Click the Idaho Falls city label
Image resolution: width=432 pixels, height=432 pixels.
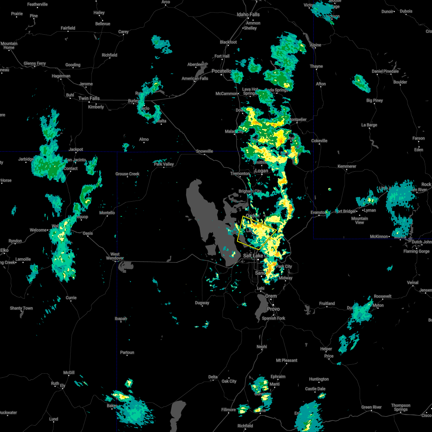pyautogui.click(x=248, y=15)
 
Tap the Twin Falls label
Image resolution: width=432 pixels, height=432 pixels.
pyautogui.click(x=89, y=98)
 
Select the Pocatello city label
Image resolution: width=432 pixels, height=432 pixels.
pyautogui.click(x=221, y=71)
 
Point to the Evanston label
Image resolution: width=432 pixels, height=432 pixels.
pyautogui.click(x=318, y=213)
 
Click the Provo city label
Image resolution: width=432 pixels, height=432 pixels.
pyautogui.click(x=273, y=309)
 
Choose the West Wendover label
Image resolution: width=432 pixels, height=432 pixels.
pyautogui.click(x=115, y=256)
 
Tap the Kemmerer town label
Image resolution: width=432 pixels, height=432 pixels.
pyautogui.click(x=347, y=166)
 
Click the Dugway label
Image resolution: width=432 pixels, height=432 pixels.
pyautogui.click(x=202, y=303)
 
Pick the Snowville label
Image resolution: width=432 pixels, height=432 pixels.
pyautogui.click(x=204, y=151)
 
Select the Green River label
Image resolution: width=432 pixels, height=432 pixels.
pyautogui.click(x=372, y=407)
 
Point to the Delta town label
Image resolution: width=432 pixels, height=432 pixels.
pyautogui.click(x=213, y=377)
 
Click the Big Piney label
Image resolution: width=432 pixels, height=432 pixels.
pyautogui.click(x=374, y=100)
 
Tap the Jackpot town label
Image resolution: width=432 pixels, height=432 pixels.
pyautogui.click(x=76, y=149)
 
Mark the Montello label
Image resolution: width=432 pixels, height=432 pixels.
pyautogui.click(x=107, y=213)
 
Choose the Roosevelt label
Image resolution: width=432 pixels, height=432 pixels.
pyautogui.click(x=382, y=296)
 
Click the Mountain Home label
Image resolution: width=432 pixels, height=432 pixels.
pyautogui.click(x=9, y=45)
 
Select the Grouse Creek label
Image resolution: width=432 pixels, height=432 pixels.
pyautogui.click(x=127, y=174)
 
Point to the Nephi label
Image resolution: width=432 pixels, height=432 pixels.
pyautogui.click(x=262, y=347)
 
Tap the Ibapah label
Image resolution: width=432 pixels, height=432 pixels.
pyautogui.click(x=121, y=319)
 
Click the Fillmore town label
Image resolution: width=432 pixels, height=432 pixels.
pyautogui.click(x=228, y=410)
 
